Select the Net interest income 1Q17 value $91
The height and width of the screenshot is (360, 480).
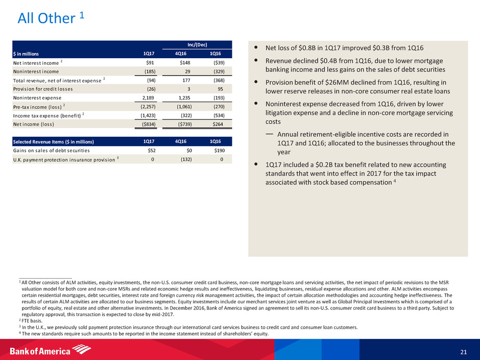point(149,62)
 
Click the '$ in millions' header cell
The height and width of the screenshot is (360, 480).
point(28,54)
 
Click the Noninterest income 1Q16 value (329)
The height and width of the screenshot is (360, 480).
point(217,71)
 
